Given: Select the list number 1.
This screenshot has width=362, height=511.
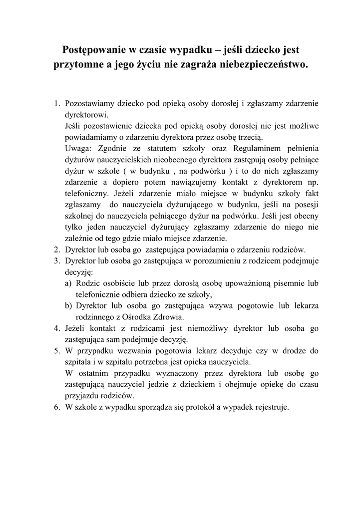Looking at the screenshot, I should pos(56,104).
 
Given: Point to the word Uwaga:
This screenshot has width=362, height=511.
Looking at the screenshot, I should pos(79,148).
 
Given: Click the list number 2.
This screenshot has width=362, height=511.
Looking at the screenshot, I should pos(56,250).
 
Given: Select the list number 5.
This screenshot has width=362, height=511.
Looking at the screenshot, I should pos(56,351).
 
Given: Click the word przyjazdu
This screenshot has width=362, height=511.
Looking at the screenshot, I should pos(81,395).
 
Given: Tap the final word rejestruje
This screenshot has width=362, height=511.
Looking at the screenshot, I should pos(272,407).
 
